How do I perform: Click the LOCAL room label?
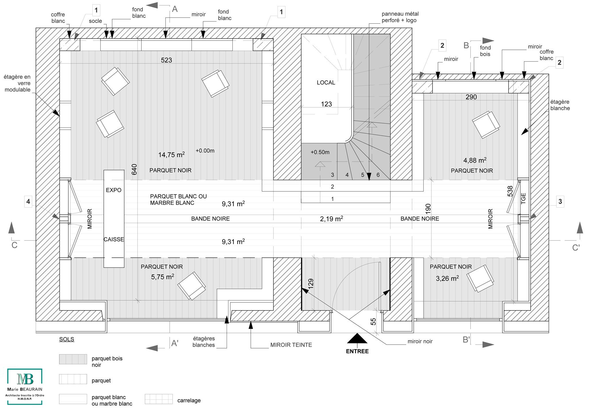(326, 83)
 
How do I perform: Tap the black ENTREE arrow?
(357, 338)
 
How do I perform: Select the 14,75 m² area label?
(171, 155)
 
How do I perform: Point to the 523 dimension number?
(167, 60)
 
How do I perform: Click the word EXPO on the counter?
(114, 190)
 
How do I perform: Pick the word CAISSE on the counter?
(114, 239)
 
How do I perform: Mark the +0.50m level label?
(320, 152)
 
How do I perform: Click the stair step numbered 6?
(378, 175)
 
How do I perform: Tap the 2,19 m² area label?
(331, 219)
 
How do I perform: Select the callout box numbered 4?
(28, 202)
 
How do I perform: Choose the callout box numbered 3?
(560, 202)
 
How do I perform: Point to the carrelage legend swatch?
(159, 399)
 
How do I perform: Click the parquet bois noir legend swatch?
(73, 359)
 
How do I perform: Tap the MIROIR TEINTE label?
(291, 345)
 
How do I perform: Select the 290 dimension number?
(471, 97)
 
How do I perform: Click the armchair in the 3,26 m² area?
(480, 279)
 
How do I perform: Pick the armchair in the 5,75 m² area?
(192, 286)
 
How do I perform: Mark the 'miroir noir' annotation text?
(420, 342)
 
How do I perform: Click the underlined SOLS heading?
(67, 340)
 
